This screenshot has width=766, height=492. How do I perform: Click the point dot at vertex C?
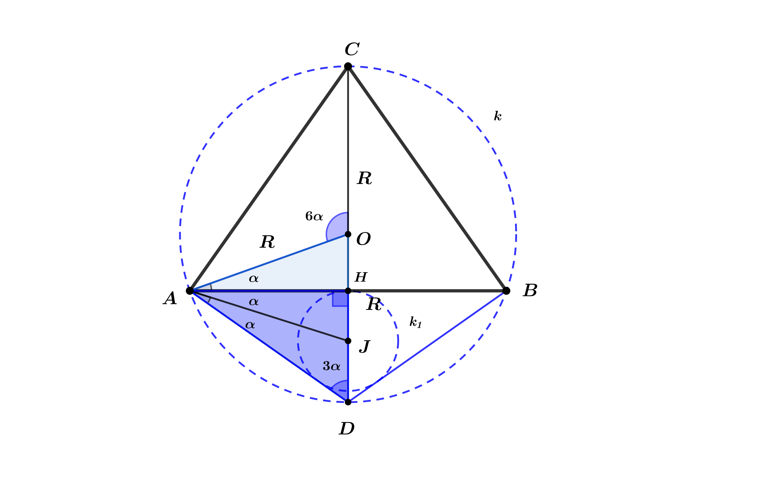pyautogui.click(x=348, y=66)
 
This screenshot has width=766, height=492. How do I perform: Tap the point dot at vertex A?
pyautogui.click(x=190, y=291)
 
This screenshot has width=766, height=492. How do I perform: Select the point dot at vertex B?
pyautogui.click(x=506, y=291)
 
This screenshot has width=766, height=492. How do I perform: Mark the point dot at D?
pyautogui.click(x=348, y=402)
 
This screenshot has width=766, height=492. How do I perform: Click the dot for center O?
pyautogui.click(x=348, y=234)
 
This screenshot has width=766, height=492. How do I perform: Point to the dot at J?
pyautogui.click(x=348, y=341)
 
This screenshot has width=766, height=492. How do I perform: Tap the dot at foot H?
pyautogui.click(x=348, y=291)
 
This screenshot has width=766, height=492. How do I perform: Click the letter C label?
pyautogui.click(x=352, y=49)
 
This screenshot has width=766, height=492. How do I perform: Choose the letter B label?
pyautogui.click(x=530, y=290)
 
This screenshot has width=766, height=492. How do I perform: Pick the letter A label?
pyautogui.click(x=170, y=298)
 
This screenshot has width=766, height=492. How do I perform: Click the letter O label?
pyautogui.click(x=363, y=239)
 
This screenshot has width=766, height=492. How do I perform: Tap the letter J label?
pyautogui.click(x=364, y=346)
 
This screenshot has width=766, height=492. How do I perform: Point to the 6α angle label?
pyautogui.click(x=314, y=216)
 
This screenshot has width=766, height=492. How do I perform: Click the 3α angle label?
pyautogui.click(x=331, y=366)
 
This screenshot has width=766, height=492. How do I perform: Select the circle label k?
pyautogui.click(x=498, y=116)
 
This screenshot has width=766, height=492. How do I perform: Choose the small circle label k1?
pyautogui.click(x=415, y=322)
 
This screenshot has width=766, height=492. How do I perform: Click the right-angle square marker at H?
pyautogui.click(x=340, y=299)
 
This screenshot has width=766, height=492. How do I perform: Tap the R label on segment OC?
pyautogui.click(x=365, y=178)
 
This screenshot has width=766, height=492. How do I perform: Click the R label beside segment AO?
pyautogui.click(x=267, y=242)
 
